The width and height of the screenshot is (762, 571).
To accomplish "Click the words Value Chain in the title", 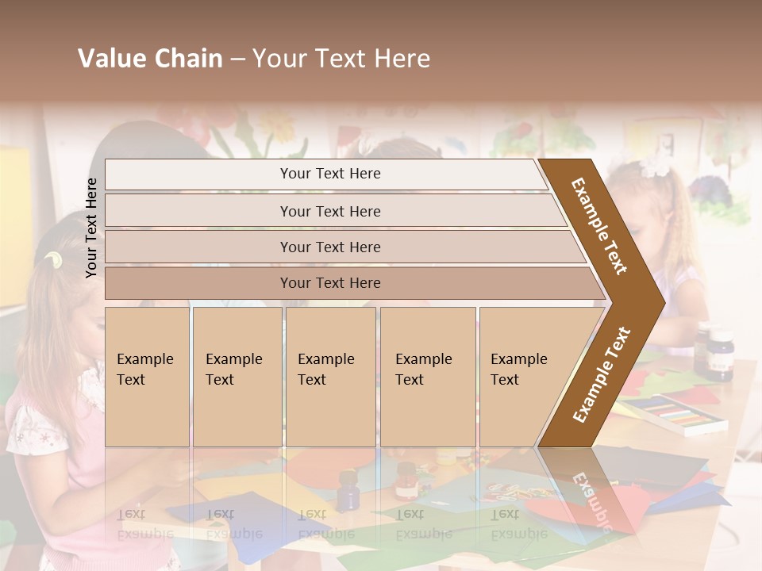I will (x=150, y=59).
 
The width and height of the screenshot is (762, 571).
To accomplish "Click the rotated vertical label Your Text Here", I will (x=91, y=228).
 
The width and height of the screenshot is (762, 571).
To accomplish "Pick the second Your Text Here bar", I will (x=330, y=211).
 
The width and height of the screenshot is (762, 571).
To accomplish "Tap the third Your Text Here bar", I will (x=330, y=247).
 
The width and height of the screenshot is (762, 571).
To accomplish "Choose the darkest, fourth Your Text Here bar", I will (x=330, y=283).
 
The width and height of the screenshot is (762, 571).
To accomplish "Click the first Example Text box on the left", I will (x=147, y=376).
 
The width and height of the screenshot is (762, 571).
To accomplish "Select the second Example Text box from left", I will (x=237, y=376).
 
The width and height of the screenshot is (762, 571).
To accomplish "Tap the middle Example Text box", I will (x=330, y=376).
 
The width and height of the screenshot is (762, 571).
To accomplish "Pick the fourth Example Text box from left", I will (x=427, y=376).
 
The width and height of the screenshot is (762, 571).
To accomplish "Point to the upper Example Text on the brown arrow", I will (x=599, y=226).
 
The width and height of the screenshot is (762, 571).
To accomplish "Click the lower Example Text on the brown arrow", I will (x=601, y=374).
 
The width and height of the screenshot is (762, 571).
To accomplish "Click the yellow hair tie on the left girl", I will (x=53, y=259).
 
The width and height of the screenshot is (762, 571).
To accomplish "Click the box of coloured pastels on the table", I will (x=675, y=413).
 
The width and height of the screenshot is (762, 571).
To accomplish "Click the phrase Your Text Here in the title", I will (x=341, y=59).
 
